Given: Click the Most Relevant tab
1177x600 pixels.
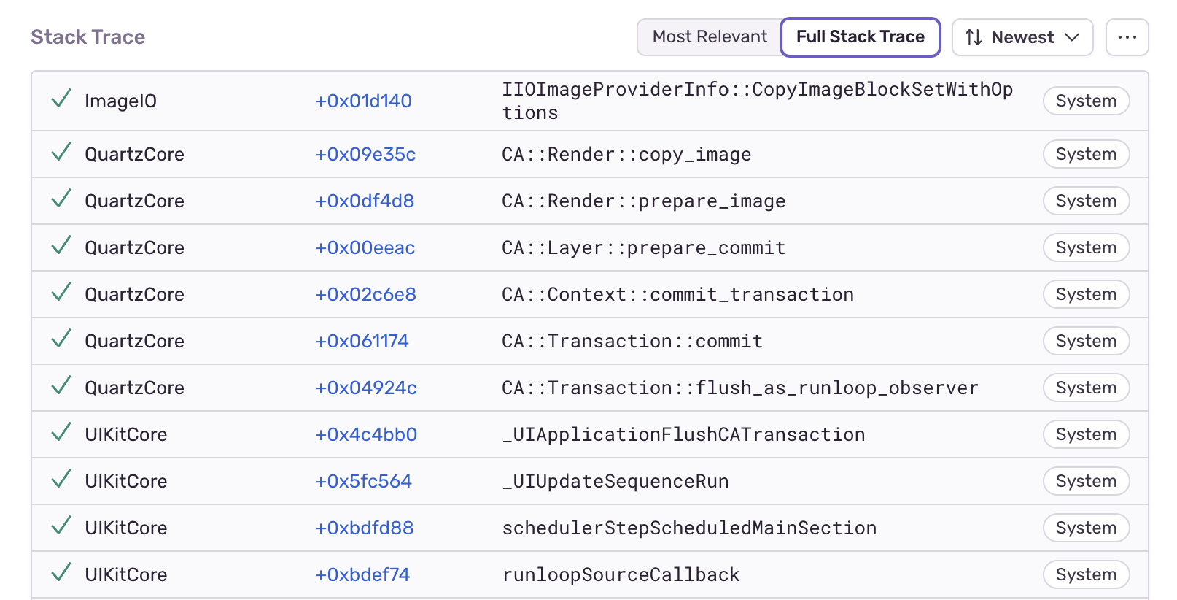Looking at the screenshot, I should coord(709,37).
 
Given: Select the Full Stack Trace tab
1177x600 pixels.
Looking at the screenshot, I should coord(860,37).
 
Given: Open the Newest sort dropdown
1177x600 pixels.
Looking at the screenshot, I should coord(1022,37).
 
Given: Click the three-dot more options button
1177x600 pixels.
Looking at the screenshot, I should coord(1127,37).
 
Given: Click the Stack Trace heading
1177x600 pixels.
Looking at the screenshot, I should coord(88,37).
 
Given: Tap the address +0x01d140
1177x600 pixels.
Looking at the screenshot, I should coord(363,101).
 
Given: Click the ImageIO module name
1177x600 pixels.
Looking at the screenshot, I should coord(120,101).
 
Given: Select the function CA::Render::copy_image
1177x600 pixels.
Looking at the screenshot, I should coord(626,155).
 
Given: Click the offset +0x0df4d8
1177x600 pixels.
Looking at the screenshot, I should coord(364,201).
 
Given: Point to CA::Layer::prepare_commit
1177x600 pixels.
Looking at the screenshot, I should coord(643,248).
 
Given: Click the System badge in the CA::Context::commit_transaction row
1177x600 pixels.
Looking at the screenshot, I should coord(1086,295).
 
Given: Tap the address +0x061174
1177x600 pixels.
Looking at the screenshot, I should coord(361,342).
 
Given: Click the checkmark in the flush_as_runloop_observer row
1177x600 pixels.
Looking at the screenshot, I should coord(61,385).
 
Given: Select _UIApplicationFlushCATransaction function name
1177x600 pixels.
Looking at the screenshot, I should coord(683,435).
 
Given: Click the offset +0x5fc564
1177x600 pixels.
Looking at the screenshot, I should coord(363,482).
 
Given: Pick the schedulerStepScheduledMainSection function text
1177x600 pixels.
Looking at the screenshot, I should coord(688,528).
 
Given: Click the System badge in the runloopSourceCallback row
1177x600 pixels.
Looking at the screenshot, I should coord(1086,575).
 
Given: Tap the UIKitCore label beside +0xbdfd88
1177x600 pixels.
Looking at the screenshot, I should coord(125,528).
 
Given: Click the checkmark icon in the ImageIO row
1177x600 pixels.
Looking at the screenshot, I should coord(61,99).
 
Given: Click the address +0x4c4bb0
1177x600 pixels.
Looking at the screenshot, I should coord(365,435).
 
